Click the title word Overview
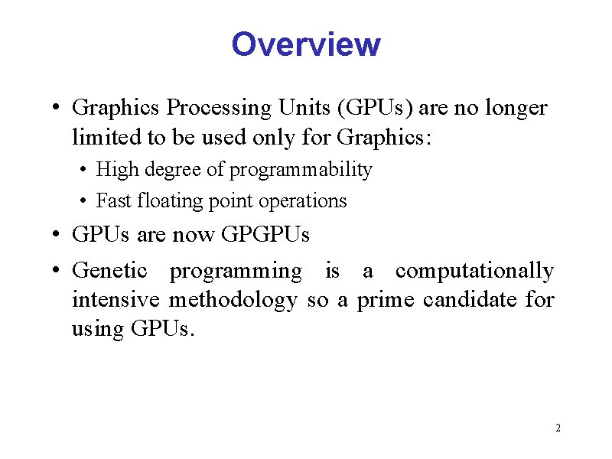tap(305, 44)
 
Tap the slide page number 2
tap(558, 428)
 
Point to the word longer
tap(516, 108)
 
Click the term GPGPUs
tap(265, 234)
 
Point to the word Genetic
tap(110, 270)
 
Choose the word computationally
tap(474, 270)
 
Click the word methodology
tap(233, 300)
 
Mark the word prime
tap(383, 300)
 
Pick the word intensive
tap(116, 299)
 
